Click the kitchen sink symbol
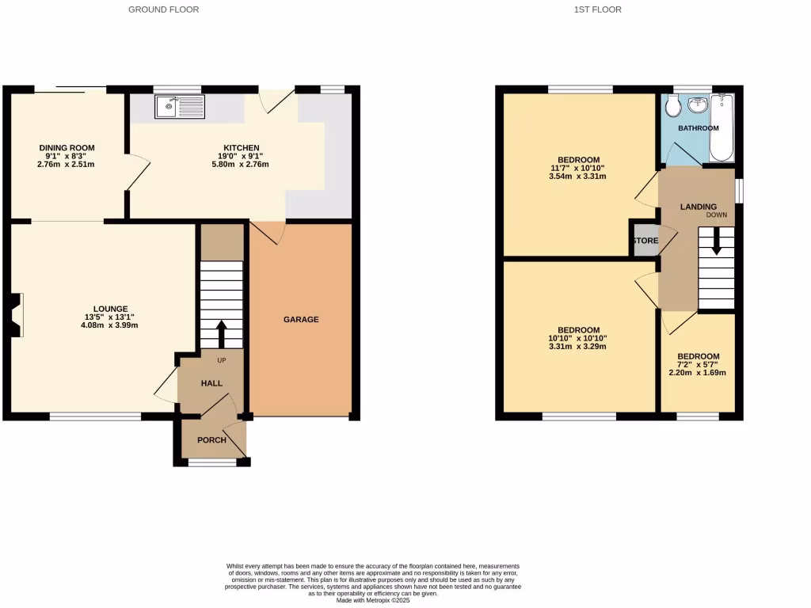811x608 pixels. click(x=180, y=107)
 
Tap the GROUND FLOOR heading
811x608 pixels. click(x=164, y=9)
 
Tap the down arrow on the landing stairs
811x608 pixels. click(x=716, y=241)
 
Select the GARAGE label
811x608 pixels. click(x=301, y=320)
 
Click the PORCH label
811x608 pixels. click(x=211, y=440)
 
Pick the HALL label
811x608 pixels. click(x=211, y=383)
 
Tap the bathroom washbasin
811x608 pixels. click(x=698, y=104)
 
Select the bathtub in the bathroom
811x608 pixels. click(x=722, y=127)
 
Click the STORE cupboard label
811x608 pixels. click(x=645, y=241)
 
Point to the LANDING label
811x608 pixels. click(x=699, y=207)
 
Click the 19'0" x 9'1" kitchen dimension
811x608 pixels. click(x=242, y=157)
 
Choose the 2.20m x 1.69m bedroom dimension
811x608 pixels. click(x=698, y=373)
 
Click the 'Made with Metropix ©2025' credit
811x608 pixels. click(x=372, y=600)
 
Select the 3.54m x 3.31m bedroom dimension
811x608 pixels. click(x=577, y=177)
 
